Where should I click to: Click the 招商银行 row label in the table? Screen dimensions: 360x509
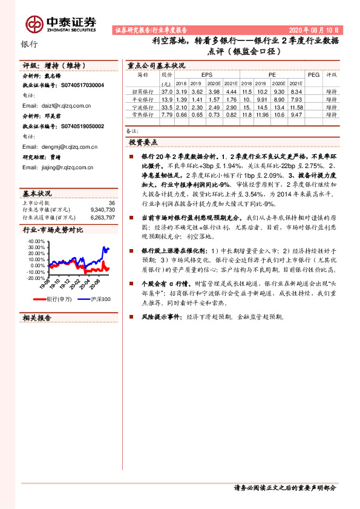click(143, 91)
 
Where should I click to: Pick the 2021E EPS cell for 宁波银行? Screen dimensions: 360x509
click(231, 106)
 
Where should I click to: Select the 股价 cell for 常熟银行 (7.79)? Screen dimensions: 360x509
click(168, 114)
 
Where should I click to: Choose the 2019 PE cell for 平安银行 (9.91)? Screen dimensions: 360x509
click(262, 99)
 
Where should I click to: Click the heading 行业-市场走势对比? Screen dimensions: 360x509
click(53, 230)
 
